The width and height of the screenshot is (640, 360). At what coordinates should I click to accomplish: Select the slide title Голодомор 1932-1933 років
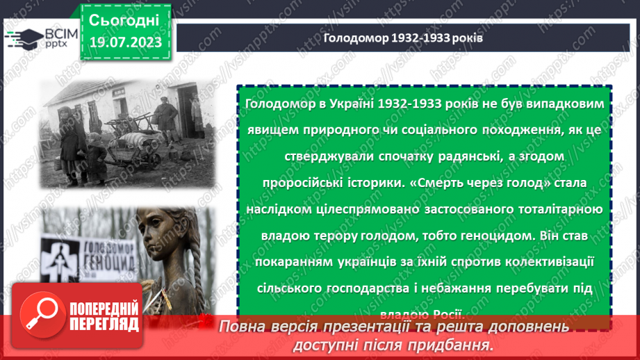[x=403, y=38]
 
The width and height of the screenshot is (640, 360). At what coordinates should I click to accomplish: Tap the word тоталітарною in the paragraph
[x=559, y=209]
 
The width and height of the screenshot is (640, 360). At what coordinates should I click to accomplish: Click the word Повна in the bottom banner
[x=245, y=327]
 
